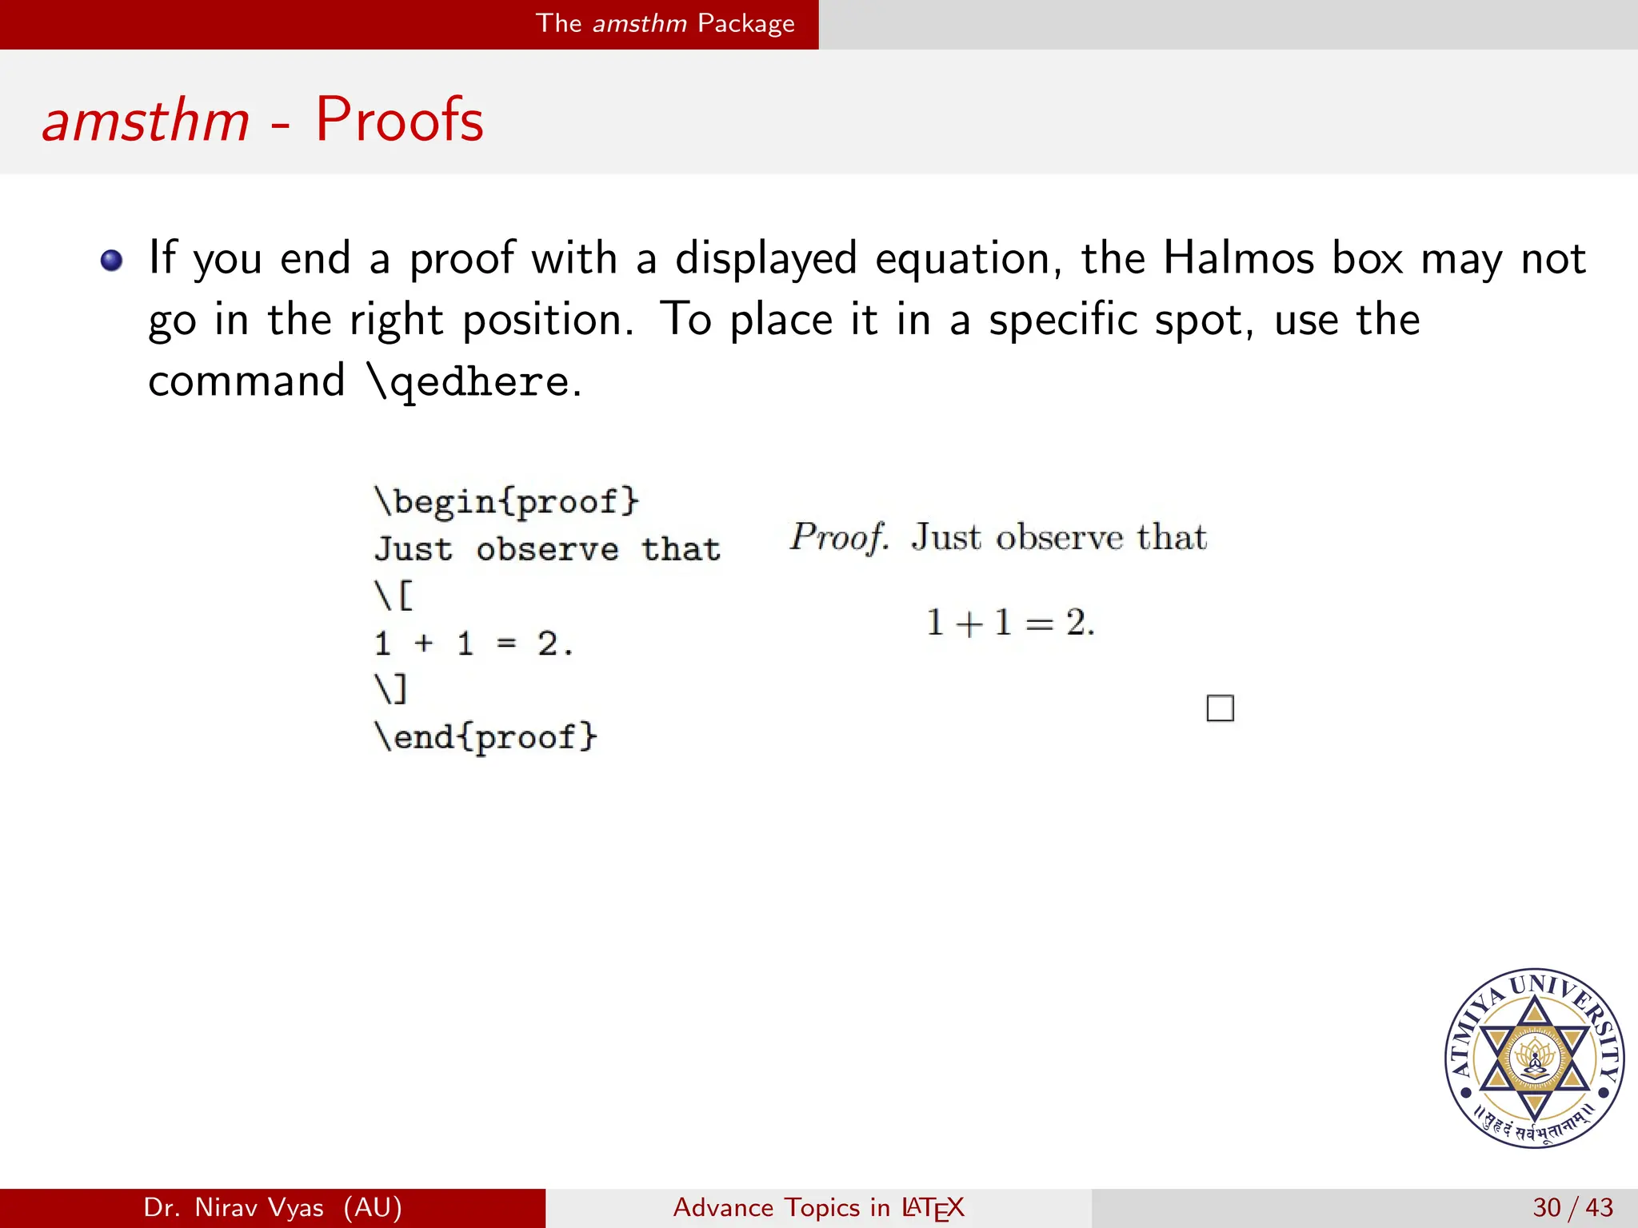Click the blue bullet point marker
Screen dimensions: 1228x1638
[112, 261]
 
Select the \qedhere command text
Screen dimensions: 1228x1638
[468, 381]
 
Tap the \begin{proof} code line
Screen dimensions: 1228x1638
[507, 502]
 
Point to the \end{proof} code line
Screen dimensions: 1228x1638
[485, 736]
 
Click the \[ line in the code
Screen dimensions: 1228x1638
[394, 596]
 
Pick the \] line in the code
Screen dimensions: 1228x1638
[391, 689]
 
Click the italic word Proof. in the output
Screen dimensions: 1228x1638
[838, 536]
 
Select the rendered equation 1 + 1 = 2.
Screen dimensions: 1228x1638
[1010, 622]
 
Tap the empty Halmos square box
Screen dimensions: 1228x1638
[1220, 708]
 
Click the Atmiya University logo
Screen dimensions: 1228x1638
[1534, 1058]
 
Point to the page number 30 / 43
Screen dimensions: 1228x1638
[1572, 1207]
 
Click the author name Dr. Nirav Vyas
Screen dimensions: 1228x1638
[273, 1207]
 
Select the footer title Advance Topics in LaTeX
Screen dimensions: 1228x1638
[818, 1207]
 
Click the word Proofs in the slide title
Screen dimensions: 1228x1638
[399, 120]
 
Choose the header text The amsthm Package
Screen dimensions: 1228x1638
[665, 23]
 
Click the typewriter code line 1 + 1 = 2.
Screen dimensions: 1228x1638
[473, 644]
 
